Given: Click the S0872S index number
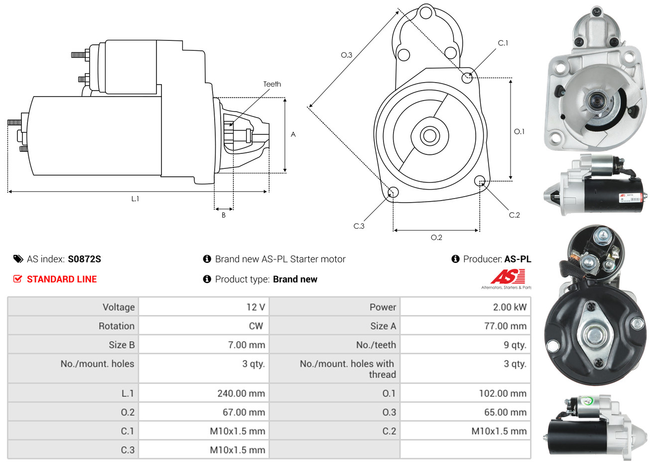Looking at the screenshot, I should tap(84, 259).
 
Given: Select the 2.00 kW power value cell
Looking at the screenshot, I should tap(510, 307).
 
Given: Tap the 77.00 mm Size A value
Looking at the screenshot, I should tap(505, 326).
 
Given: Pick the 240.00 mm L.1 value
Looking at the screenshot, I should tap(241, 393).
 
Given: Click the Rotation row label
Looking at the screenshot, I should tap(117, 326).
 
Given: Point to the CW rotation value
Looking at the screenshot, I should tap(256, 326).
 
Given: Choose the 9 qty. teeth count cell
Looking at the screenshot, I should tap(515, 345).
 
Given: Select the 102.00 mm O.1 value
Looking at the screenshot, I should tap(503, 393).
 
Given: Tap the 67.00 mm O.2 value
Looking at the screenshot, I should tap(244, 412).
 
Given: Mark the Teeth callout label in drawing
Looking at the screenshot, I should tap(272, 84).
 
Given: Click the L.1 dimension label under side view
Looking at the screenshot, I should tap(135, 199).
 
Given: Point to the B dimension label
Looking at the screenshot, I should tap(224, 215).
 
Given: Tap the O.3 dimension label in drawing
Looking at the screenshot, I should tap(346, 55).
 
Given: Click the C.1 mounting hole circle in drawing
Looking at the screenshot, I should tap(467, 78).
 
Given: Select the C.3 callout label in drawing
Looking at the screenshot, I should tap(359, 226).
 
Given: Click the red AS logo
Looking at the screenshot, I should tap(508, 277).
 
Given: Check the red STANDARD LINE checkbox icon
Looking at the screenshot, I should tap(18, 279).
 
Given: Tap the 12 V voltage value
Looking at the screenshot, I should tap(256, 307).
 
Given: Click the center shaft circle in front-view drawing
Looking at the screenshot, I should tap(428, 135).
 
